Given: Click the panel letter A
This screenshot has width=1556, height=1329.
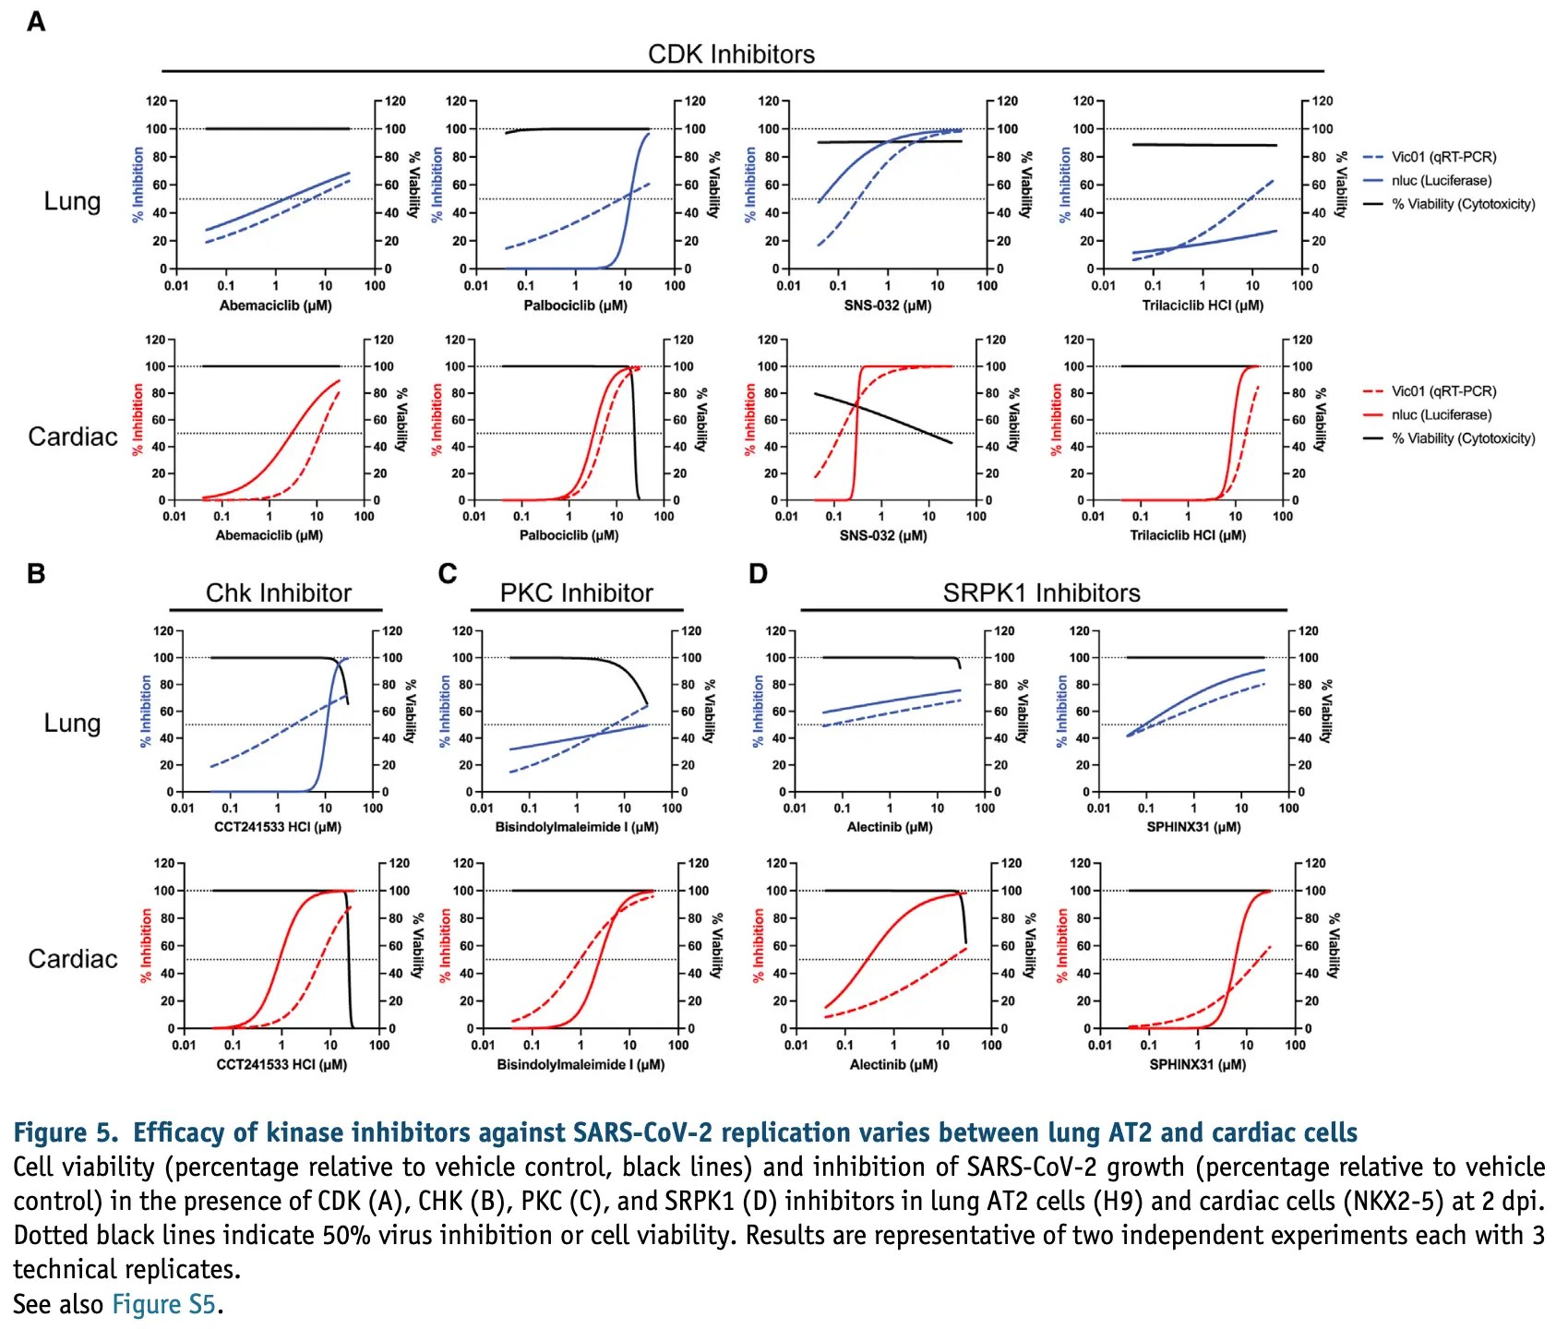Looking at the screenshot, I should [35, 21].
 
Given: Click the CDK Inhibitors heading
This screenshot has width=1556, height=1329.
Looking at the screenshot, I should [731, 54].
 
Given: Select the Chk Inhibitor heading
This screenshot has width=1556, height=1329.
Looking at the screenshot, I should [278, 593].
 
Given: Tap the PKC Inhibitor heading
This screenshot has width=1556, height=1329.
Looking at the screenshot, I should [576, 593].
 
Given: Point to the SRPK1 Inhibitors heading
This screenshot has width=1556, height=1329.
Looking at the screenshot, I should [1041, 593].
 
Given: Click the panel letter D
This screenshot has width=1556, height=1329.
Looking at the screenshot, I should [758, 574].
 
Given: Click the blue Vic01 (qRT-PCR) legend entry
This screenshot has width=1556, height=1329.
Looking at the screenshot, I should [1442, 157].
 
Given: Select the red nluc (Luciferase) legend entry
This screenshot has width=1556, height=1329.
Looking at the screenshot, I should [1441, 415].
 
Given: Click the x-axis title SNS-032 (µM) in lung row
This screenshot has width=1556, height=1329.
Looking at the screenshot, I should [887, 305].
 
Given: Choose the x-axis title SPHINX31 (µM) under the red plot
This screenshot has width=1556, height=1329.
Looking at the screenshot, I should [1196, 1064].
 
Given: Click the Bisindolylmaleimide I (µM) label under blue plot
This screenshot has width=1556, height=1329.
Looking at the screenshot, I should [577, 827].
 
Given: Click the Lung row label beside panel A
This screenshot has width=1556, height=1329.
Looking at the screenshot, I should [72, 201].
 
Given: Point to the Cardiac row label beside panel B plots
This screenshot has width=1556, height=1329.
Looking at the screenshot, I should [73, 959].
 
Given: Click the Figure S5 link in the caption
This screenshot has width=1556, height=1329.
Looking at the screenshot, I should [163, 1304].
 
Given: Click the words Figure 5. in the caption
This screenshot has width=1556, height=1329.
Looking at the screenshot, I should [66, 1132].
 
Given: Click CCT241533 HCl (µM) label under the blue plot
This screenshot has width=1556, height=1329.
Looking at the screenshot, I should [277, 827].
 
